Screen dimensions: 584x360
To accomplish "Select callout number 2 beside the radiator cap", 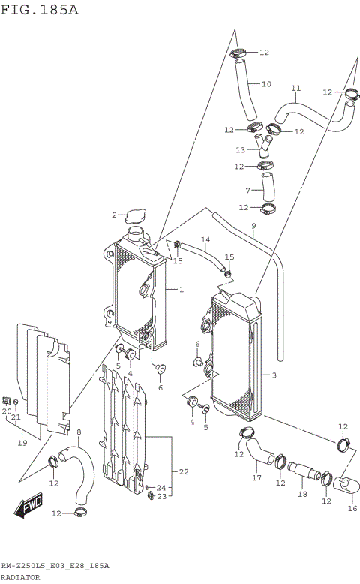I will click(115, 215).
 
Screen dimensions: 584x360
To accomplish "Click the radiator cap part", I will click(136, 217).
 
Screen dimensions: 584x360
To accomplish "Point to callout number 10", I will click(266, 83).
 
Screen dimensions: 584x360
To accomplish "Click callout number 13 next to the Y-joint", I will click(241, 149).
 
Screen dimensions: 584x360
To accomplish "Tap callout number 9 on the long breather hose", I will click(253, 226).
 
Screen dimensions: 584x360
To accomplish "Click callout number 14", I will click(205, 240).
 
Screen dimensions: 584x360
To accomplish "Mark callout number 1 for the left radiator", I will click(181, 289).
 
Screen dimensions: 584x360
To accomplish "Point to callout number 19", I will click(22, 443).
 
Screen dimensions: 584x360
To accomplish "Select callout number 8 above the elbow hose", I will click(79, 432).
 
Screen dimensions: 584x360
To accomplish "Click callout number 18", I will click(302, 495).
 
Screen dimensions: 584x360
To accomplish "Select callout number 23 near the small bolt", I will click(161, 496).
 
